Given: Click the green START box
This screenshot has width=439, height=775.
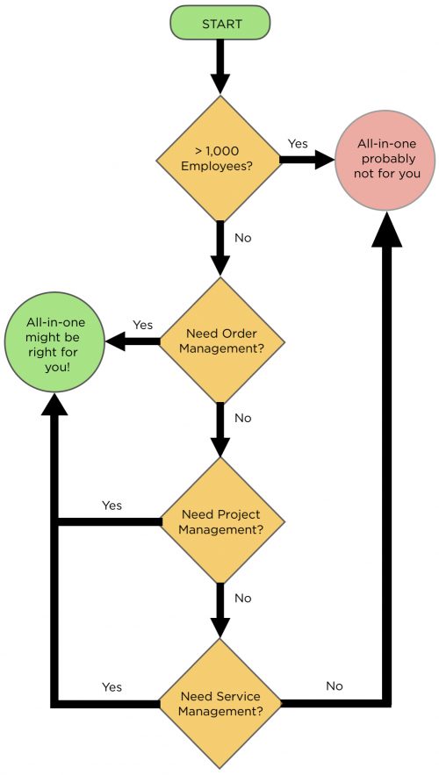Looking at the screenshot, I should click(x=220, y=22).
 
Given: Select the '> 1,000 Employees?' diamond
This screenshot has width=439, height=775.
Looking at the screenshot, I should click(x=220, y=159).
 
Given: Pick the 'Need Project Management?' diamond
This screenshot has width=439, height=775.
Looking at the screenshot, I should click(x=220, y=521).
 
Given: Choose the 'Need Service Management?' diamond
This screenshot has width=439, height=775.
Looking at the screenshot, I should click(x=220, y=703).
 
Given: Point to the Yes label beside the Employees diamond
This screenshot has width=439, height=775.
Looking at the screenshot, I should click(x=299, y=143).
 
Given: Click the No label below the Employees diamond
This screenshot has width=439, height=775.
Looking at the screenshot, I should click(x=244, y=237).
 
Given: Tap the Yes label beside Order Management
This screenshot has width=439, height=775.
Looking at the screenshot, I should click(x=142, y=325).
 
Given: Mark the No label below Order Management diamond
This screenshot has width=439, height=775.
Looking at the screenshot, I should click(x=243, y=418).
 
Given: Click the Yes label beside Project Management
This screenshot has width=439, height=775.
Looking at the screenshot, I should click(x=112, y=506).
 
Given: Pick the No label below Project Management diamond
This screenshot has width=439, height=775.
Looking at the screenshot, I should click(x=243, y=598).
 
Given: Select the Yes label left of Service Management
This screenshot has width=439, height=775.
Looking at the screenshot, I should click(x=112, y=686).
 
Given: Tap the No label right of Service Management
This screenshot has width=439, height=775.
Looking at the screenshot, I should click(x=335, y=685).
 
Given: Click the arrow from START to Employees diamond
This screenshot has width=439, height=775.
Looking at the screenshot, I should click(x=220, y=67).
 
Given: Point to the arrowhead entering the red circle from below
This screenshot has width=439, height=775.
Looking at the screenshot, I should click(x=384, y=231).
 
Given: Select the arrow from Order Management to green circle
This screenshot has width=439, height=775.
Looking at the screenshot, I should click(x=132, y=341).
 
